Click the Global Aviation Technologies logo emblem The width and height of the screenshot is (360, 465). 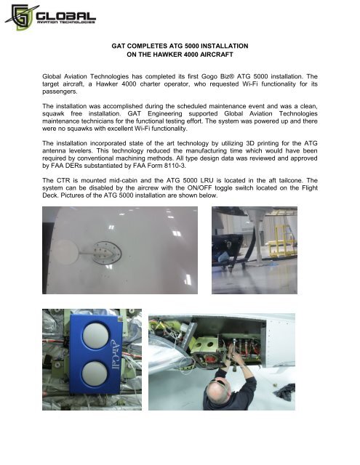click(x=19, y=17)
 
